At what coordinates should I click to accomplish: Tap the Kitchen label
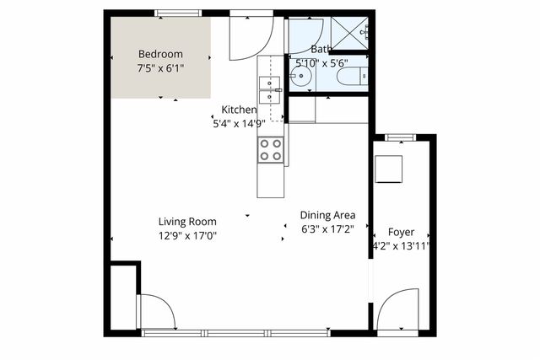[239, 110]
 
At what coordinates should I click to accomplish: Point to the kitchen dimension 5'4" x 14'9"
[239, 123]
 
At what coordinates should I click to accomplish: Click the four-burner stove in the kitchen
[270, 150]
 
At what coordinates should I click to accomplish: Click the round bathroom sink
[300, 78]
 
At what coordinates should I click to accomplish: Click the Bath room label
[321, 49]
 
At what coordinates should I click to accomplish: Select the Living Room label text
[187, 222]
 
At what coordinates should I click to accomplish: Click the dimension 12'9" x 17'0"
[187, 236]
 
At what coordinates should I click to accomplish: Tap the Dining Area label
[327, 214]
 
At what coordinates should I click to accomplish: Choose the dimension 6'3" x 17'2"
[327, 228]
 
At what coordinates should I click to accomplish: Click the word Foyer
[401, 232]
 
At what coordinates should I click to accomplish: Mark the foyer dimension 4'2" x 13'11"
[402, 246]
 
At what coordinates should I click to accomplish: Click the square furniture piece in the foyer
[390, 169]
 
